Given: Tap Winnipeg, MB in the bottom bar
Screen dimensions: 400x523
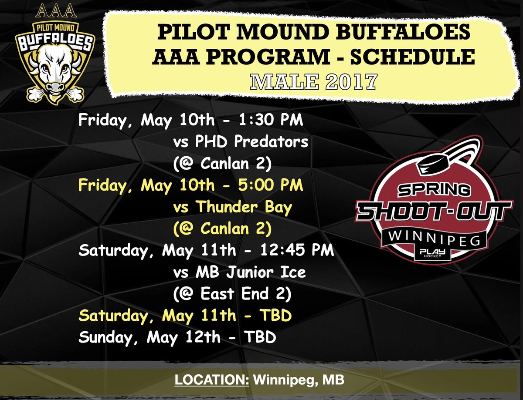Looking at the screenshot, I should tap(299, 379).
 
